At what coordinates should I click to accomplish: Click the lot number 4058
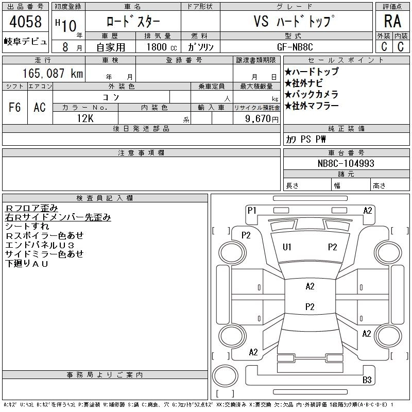[x=25, y=22]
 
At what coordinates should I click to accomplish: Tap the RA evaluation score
[x=392, y=21]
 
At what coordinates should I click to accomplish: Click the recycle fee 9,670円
[x=262, y=118]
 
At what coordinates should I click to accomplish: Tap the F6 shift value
[x=15, y=107]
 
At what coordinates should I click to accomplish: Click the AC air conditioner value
[x=40, y=107]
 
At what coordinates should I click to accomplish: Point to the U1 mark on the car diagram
[x=287, y=247]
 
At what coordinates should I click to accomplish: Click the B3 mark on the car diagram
[x=367, y=380]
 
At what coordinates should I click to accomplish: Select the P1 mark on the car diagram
[x=252, y=210]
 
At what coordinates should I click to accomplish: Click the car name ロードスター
[x=133, y=22]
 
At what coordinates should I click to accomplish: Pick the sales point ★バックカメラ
[x=312, y=95]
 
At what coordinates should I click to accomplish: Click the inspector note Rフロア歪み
[x=31, y=208]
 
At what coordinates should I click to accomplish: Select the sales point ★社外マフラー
[x=312, y=106]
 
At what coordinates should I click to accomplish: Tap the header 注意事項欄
[x=141, y=153]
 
